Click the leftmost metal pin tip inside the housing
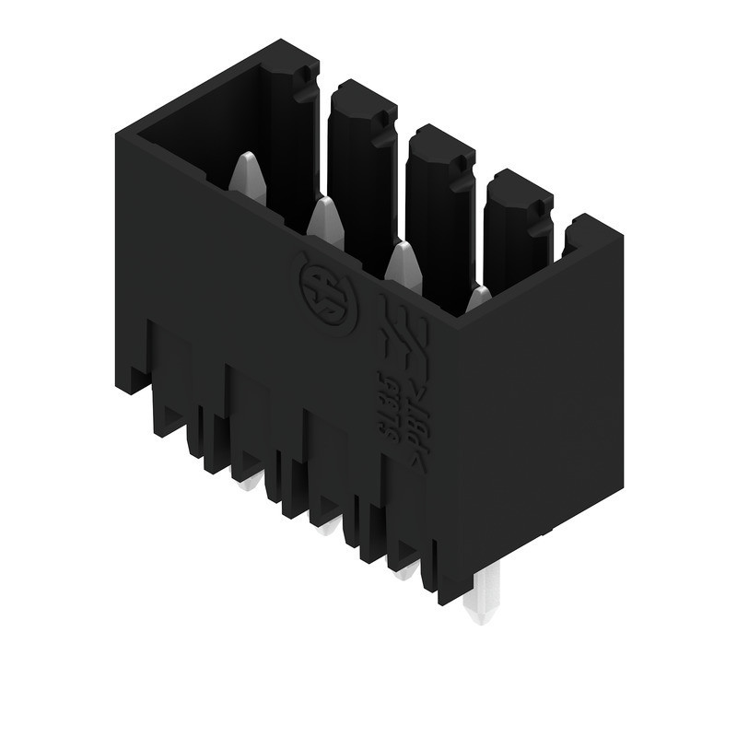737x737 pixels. [246, 176]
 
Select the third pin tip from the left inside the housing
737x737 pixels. [403, 264]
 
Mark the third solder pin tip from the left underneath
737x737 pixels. [404, 572]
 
